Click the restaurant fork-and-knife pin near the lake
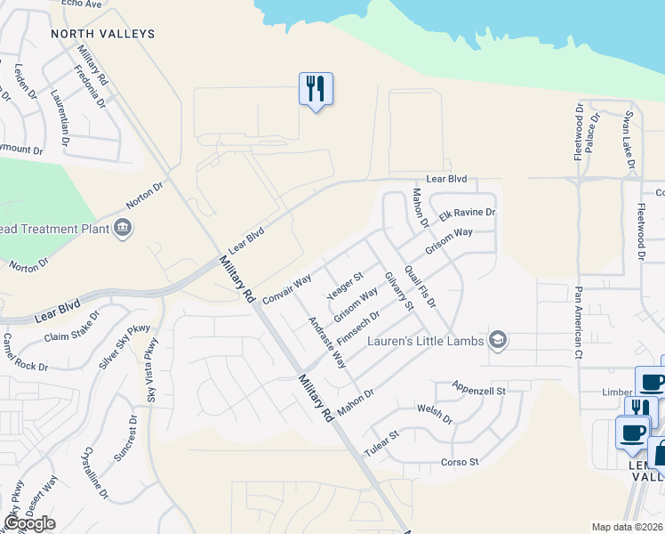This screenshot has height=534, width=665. pyautogui.click(x=316, y=89)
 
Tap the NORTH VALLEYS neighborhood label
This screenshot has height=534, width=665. pyautogui.click(x=103, y=34)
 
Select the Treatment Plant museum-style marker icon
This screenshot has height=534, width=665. pyautogui.click(x=124, y=229)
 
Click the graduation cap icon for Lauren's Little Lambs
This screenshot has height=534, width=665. pyautogui.click(x=498, y=340)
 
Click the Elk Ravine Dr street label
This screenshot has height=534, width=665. pyautogui.click(x=467, y=214)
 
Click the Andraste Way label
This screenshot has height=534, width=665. pyautogui.click(x=326, y=343)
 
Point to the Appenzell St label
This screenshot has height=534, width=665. pyautogui.click(x=478, y=390)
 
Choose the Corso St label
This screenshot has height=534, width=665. pyautogui.click(x=460, y=462)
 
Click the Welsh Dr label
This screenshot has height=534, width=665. pyautogui.click(x=434, y=414)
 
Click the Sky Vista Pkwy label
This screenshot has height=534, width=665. pyautogui.click(x=153, y=370)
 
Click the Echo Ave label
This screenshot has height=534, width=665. pyautogui.click(x=83, y=4)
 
